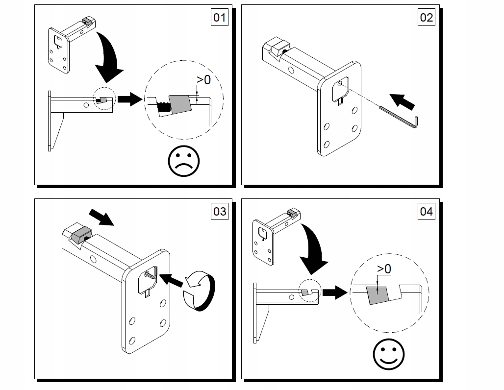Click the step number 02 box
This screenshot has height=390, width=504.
(426, 18)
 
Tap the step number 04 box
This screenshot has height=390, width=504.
(426, 211)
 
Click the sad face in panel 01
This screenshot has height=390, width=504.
(184, 160)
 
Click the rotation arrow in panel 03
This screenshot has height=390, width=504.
(199, 292)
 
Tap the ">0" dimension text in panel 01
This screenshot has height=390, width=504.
(203, 80)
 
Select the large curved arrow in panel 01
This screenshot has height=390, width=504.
(108, 56)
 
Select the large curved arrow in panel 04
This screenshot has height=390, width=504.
(315, 250)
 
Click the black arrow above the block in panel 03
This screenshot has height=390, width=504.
(101, 217)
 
